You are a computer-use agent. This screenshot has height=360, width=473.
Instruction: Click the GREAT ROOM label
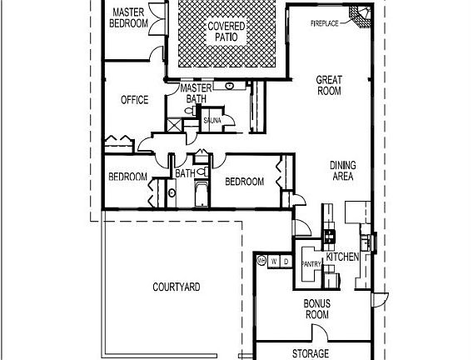(329, 86)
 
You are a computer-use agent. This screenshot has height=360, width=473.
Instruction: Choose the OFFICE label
(134, 100)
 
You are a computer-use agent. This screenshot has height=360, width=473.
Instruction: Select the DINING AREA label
(342, 171)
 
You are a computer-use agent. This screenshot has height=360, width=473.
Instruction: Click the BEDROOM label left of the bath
(127, 177)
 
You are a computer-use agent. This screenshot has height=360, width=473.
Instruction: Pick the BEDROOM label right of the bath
(244, 182)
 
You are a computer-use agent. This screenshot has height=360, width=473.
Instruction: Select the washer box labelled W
(273, 262)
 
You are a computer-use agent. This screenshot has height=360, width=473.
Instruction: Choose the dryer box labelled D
(286, 262)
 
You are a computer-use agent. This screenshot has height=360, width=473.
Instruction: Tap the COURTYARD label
(176, 287)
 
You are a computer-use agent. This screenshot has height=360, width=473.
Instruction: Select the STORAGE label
(310, 353)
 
